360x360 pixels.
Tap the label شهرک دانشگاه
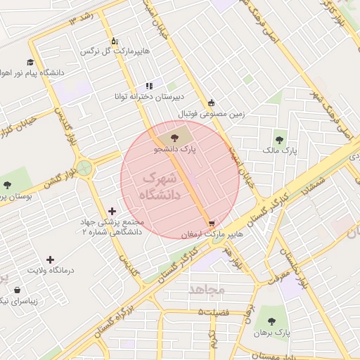160,186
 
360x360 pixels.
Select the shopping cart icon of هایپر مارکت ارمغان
212,223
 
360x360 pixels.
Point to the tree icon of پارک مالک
281,140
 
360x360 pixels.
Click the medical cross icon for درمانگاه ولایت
49,259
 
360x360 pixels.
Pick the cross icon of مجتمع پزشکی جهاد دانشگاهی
112,211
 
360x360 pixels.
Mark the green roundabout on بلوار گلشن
84,168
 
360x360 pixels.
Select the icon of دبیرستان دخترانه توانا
149,86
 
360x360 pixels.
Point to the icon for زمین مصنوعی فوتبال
212,103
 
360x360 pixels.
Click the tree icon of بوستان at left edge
7,185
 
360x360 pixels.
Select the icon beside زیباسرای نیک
15,290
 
